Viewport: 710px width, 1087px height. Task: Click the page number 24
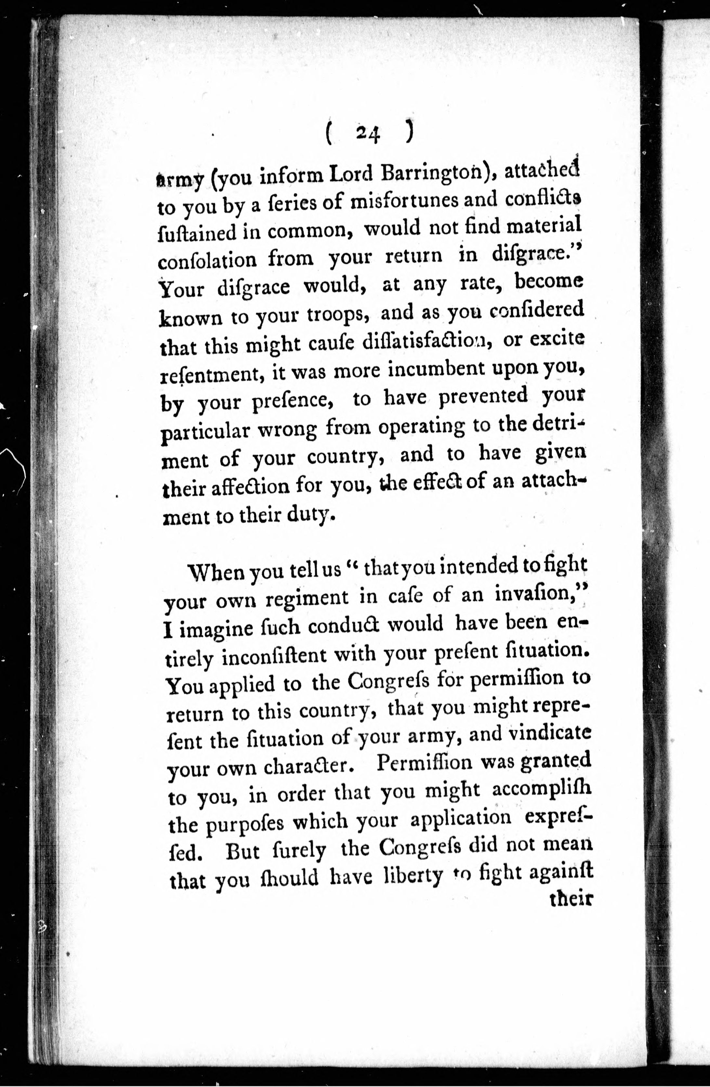point(368,133)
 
